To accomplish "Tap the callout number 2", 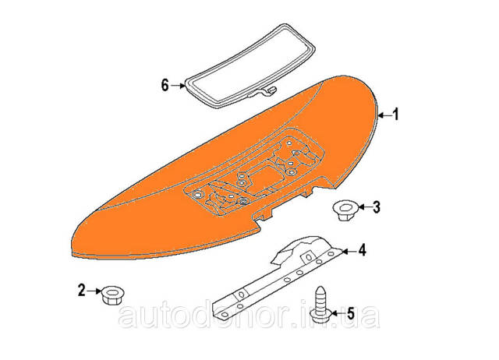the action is click(82, 291).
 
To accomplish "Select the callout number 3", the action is click(377, 207).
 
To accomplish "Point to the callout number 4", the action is click(362, 250).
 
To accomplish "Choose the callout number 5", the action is click(350, 313).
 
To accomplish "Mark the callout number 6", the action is click(165, 85).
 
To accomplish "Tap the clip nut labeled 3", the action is click(345, 210).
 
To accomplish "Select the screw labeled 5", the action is click(320, 305).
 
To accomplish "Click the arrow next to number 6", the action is click(178, 86).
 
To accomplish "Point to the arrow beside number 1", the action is click(384, 115).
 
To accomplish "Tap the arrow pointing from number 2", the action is click(94, 291).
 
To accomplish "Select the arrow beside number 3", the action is click(365, 207).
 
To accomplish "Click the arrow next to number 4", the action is click(350, 251).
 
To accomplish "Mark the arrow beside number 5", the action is click(338, 313).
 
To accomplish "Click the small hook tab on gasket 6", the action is click(271, 90).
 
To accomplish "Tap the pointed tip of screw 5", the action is click(320, 288).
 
